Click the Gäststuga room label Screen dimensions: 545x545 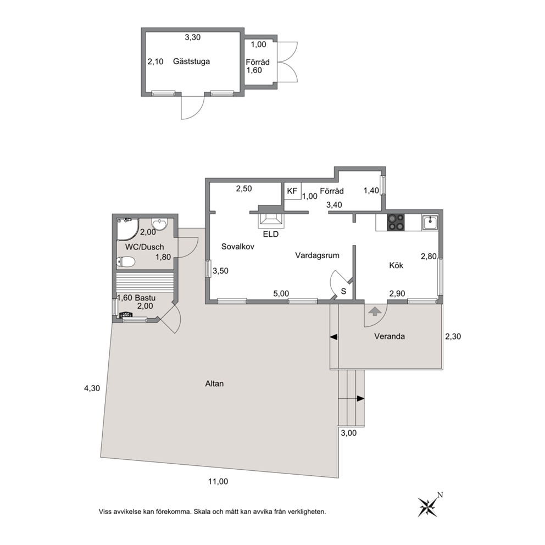(x=192, y=62)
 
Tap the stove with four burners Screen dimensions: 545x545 (x=396, y=223)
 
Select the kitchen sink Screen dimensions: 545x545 (x=430, y=223)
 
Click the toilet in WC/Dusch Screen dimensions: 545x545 (x=125, y=262)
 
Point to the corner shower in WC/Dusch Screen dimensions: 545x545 (x=127, y=229)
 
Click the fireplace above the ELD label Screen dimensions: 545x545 (x=271, y=219)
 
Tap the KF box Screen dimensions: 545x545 (x=292, y=191)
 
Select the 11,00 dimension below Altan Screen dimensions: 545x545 (x=218, y=481)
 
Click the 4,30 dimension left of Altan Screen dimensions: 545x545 (x=92, y=388)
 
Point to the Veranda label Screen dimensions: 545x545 (x=390, y=336)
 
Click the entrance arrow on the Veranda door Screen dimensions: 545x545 (x=374, y=311)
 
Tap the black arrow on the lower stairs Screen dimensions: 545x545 (x=360, y=399)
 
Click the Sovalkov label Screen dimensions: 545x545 (x=238, y=247)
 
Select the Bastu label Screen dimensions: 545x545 (x=145, y=298)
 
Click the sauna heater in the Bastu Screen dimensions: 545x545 (x=126, y=315)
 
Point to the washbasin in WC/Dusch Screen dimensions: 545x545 (x=159, y=224)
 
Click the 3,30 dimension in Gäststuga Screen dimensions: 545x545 (x=192, y=37)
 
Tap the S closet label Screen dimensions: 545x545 (x=343, y=291)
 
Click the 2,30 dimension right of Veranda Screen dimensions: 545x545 (x=453, y=336)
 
